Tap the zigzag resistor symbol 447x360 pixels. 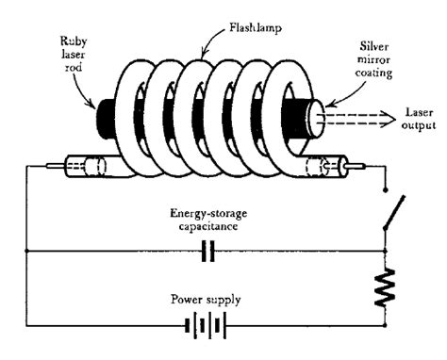[387, 286]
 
